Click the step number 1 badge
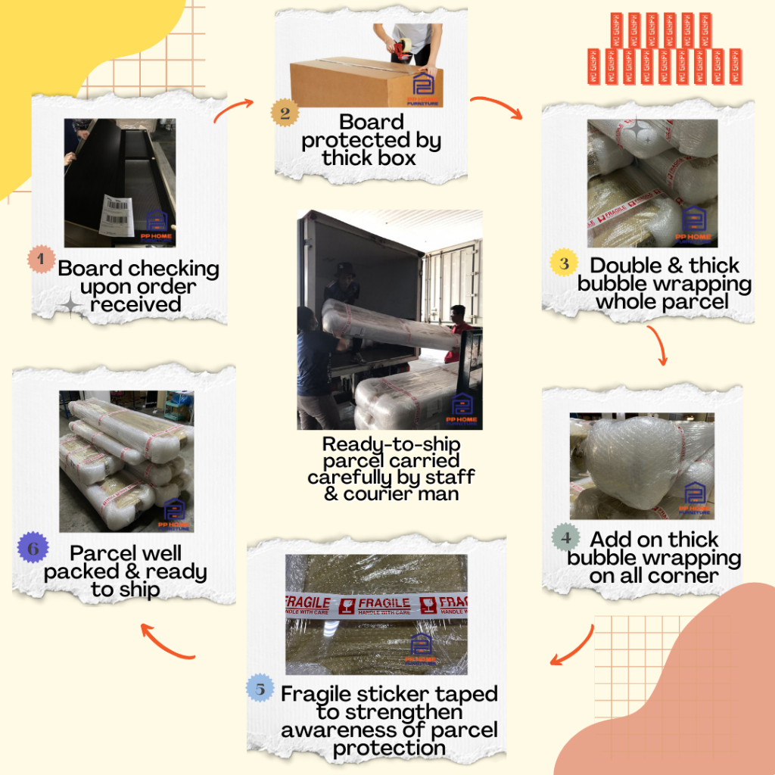tap(41, 260)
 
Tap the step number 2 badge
tap(285, 114)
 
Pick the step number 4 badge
tap(565, 538)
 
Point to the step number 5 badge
tap(260, 689)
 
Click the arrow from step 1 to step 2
tap(233, 109)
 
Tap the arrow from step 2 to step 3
tap(497, 107)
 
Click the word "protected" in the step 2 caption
tap(371, 140)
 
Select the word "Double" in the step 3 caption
tap(628, 266)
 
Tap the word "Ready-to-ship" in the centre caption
tap(391, 444)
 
